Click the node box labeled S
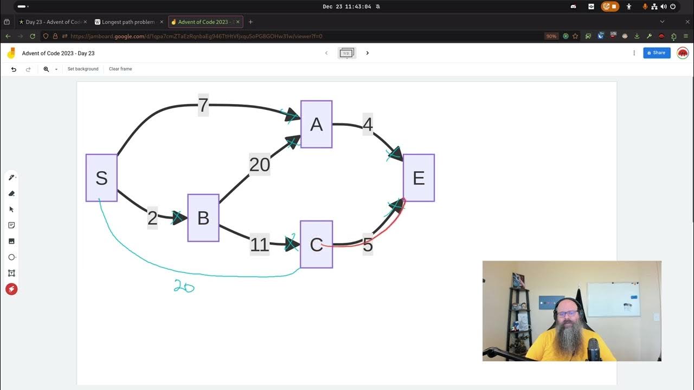tap(101, 178)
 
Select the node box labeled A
tap(316, 124)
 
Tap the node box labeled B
tap(203, 218)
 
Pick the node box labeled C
tap(316, 244)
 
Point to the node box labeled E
tap(419, 178)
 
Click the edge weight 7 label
tap(203, 105)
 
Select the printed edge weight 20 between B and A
tap(260, 165)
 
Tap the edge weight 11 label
tap(260, 245)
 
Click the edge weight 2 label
tap(152, 218)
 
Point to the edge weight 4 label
tap(368, 125)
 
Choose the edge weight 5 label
tap(368, 245)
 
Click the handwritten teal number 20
tap(184, 287)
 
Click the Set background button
tap(83, 69)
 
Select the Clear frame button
tap(120, 69)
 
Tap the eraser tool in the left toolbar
tap(11, 193)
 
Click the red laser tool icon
tap(11, 289)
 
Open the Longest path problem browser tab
tap(128, 22)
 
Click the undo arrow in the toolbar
tap(14, 69)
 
